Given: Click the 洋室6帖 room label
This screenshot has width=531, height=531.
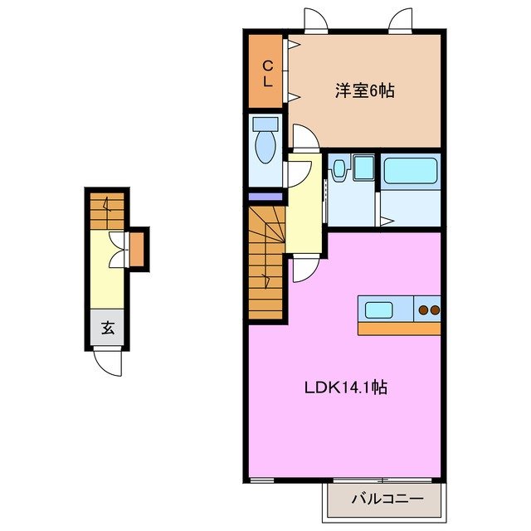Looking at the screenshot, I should (364, 90).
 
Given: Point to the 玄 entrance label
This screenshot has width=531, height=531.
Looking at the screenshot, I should (108, 327).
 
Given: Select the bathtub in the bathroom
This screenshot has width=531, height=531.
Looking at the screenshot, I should (410, 173).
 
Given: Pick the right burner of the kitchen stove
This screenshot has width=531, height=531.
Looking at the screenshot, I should (433, 311).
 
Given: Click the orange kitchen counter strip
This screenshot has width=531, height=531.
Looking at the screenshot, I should (398, 328).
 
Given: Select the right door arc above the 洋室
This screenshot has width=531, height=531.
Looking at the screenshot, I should (401, 18).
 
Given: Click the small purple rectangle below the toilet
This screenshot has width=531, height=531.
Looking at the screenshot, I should (266, 197).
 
